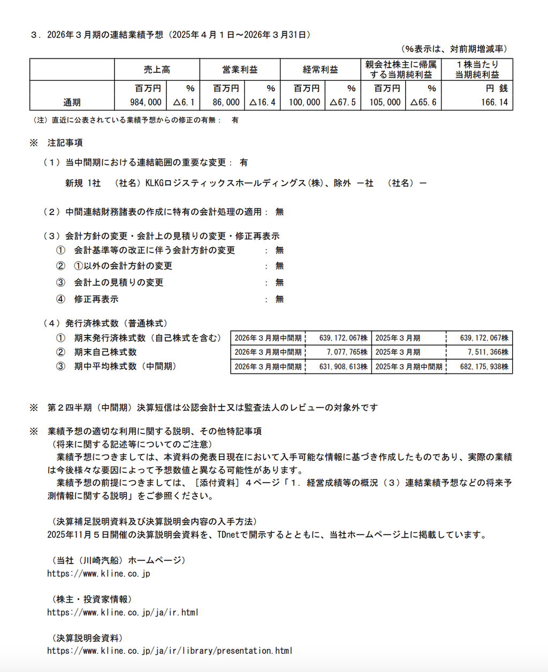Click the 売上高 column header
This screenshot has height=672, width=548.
[x=157, y=70]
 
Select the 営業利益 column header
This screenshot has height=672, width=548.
[x=240, y=70]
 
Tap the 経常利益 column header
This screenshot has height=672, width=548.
[x=321, y=70]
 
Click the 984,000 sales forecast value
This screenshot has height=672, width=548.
[x=146, y=102]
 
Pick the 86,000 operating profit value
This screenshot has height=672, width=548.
[x=226, y=102]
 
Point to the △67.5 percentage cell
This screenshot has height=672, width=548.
[x=342, y=102]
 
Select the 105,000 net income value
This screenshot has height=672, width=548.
[x=385, y=102]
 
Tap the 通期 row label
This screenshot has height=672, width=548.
[x=72, y=102]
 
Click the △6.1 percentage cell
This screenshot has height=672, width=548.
[x=184, y=102]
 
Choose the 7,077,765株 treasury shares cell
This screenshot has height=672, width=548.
[x=347, y=352]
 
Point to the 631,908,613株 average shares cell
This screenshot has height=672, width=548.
[x=343, y=366]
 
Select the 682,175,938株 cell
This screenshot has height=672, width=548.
[x=484, y=366]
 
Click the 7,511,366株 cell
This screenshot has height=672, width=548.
[x=488, y=352]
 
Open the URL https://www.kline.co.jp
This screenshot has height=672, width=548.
[x=98, y=574]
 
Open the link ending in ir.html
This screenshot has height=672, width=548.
[x=123, y=612]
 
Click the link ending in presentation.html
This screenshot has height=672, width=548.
[x=170, y=651]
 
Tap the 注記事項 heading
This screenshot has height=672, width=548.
[x=65, y=143]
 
